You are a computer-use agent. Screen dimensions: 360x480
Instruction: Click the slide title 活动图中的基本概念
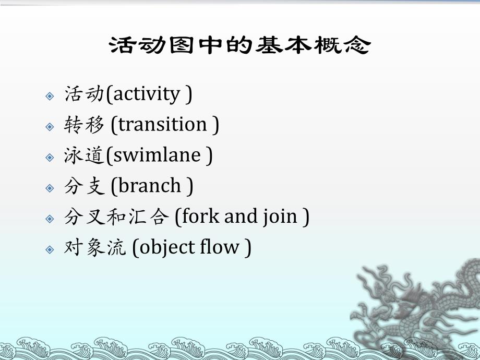point(239,46)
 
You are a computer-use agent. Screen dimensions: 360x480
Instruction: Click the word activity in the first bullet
point(146,94)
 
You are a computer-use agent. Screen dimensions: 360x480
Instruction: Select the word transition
point(163,125)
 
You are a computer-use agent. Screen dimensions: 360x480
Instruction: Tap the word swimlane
point(157,155)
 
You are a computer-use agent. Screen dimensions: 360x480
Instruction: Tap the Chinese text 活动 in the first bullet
point(83,94)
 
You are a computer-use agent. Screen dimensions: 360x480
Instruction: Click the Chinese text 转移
point(83,125)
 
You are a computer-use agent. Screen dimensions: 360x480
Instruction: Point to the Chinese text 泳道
point(83,155)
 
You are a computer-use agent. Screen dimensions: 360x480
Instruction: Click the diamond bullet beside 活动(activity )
point(50,96)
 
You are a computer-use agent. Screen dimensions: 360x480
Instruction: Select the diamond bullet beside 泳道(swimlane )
point(50,157)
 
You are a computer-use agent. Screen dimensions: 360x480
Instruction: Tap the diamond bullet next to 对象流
point(50,249)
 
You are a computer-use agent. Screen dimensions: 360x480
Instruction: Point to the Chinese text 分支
point(83,186)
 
